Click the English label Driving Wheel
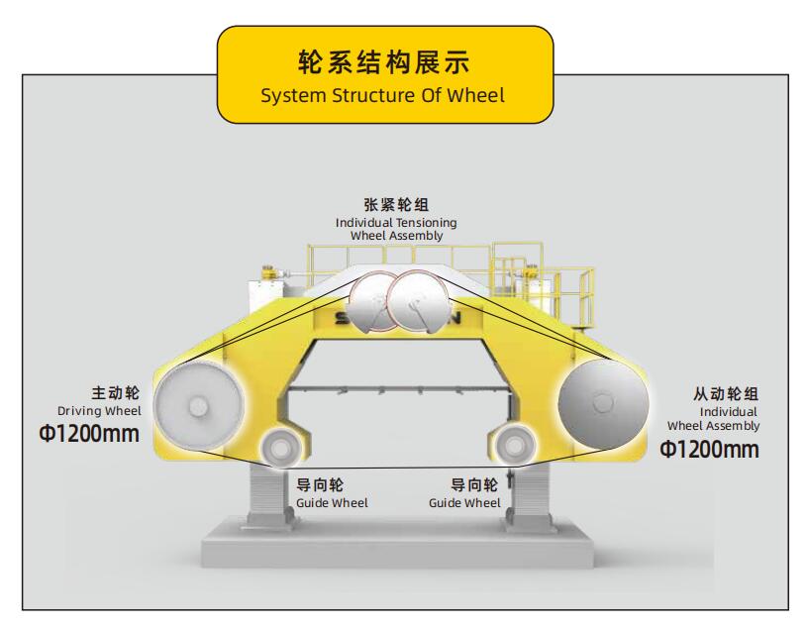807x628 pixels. click(x=99, y=410)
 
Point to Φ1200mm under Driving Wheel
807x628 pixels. click(x=88, y=433)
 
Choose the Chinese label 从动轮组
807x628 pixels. click(x=727, y=395)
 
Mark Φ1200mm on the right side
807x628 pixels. click(x=710, y=449)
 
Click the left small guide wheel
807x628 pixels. click(x=278, y=449)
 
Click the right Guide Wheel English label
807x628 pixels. click(x=464, y=503)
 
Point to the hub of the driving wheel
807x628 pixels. click(x=198, y=406)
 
